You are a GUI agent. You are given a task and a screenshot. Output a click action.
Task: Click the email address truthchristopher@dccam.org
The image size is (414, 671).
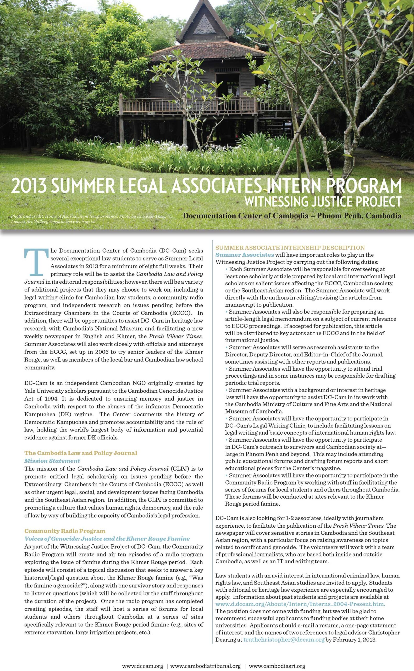[284, 640]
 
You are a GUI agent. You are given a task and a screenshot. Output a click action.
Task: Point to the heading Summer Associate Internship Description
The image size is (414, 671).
[290, 248]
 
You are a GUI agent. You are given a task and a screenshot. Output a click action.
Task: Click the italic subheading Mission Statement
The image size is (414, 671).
[52, 461]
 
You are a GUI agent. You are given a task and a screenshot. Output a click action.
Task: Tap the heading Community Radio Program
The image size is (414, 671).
[65, 531]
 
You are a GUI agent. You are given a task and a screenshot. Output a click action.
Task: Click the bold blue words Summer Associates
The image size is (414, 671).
[245, 255]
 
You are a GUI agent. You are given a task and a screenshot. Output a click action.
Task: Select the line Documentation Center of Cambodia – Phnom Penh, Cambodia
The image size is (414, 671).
[292, 216]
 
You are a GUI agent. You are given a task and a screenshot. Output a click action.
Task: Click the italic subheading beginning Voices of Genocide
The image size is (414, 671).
[107, 539]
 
